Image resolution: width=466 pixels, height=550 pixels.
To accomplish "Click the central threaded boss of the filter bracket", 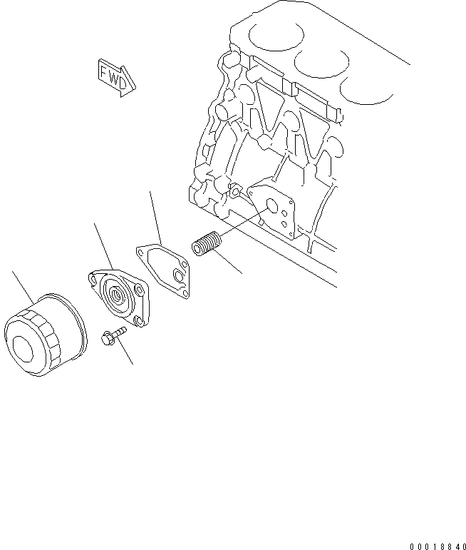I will (x=117, y=293).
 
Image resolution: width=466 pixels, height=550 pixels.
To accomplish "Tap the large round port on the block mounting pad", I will (x=271, y=206).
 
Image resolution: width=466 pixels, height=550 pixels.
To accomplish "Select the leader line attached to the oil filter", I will (x=22, y=285).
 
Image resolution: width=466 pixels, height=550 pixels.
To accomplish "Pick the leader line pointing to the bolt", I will (x=126, y=352).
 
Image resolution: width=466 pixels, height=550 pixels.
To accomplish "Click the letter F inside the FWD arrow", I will (x=105, y=72).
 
